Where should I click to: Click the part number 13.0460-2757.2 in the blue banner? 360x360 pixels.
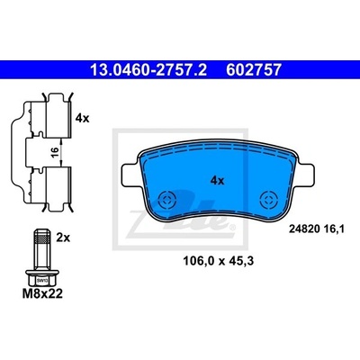pyautogui.click(x=148, y=70)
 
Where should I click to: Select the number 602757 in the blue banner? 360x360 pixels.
pyautogui.click(x=254, y=70)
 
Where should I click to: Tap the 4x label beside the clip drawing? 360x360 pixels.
pyautogui.click(x=82, y=118)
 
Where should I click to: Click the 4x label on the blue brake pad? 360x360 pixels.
pyautogui.click(x=217, y=181)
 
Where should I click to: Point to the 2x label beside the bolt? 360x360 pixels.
pyautogui.click(x=63, y=238)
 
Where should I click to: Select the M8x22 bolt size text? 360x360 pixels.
pyautogui.click(x=42, y=293)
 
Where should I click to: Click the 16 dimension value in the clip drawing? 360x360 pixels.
pyautogui.click(x=54, y=152)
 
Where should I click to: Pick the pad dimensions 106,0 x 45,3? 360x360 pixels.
pyautogui.click(x=218, y=261)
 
